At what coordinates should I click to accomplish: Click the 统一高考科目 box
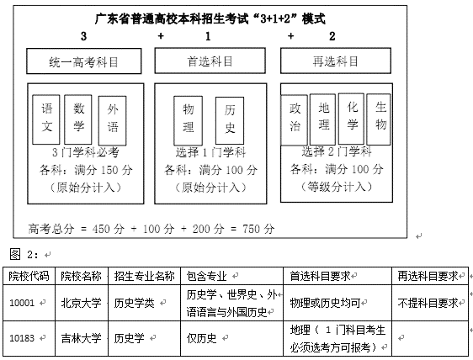pyautogui.click(x=84, y=61)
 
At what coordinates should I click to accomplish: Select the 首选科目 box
pyautogui.click(x=210, y=61)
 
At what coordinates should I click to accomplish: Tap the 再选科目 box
pyautogui.click(x=336, y=61)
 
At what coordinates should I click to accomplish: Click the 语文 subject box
pyautogui.click(x=46, y=119)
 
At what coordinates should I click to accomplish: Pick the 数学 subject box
pyautogui.click(x=78, y=119)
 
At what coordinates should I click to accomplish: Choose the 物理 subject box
pyautogui.click(x=189, y=120)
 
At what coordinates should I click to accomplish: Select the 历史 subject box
pyautogui.click(x=230, y=120)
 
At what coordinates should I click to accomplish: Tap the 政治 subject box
pyautogui.click(x=294, y=120)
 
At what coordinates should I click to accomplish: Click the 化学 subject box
pyautogui.click(x=351, y=119)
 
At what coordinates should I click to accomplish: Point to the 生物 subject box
pyautogui.click(x=379, y=119)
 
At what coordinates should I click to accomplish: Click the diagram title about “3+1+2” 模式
pyautogui.click(x=210, y=19)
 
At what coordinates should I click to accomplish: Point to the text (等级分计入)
pyautogui.click(x=337, y=187)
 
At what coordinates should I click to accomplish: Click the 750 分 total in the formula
pyautogui.click(x=258, y=229)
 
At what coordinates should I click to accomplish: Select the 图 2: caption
pyautogui.click(x=24, y=254)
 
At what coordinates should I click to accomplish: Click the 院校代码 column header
pyautogui.click(x=29, y=276)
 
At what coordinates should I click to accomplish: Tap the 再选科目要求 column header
pyautogui.click(x=430, y=276)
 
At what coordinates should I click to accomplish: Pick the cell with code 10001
pyautogui.click(x=29, y=303)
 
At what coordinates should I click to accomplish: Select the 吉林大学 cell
pyautogui.click(x=82, y=338)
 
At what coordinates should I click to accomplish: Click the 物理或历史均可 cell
pyautogui.click(x=337, y=303)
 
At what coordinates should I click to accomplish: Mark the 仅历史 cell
pyautogui.click(x=231, y=338)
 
